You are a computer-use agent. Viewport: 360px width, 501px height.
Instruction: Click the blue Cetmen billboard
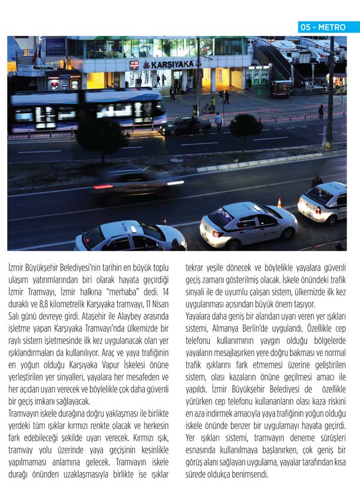click(x=55, y=47)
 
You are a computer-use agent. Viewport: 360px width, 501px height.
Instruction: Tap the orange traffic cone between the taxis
click(x=279, y=203)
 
